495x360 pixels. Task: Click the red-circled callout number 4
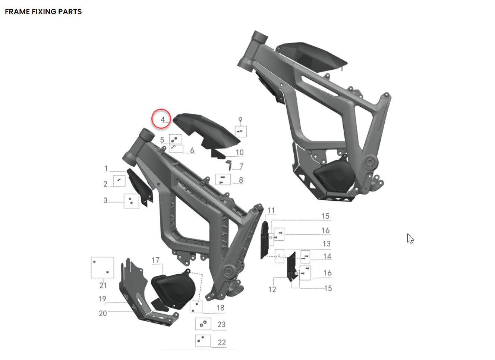click(162, 119)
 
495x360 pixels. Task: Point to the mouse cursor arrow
click(410, 238)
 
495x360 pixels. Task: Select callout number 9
click(240, 120)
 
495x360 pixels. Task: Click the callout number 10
click(239, 152)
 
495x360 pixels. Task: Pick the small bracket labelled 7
click(229, 164)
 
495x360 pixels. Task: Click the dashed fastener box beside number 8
click(223, 179)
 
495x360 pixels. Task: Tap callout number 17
click(155, 260)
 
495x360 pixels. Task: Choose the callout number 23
click(221, 324)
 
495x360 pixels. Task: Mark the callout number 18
click(220, 308)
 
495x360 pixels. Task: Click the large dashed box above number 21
click(103, 267)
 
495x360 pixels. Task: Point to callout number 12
click(272, 289)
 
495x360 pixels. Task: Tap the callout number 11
click(271, 210)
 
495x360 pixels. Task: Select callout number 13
click(327, 244)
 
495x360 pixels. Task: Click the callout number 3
click(105, 200)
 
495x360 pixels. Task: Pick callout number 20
click(103, 313)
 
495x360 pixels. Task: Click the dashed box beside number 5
click(176, 140)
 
